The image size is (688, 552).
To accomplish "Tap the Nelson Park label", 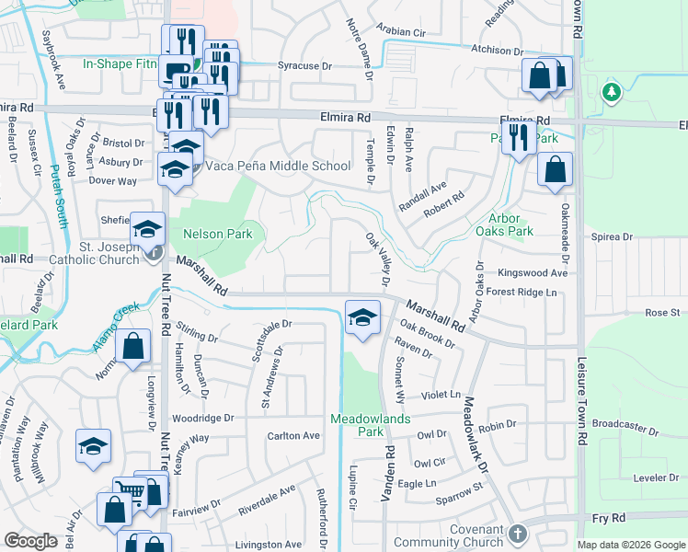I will coord(217,235).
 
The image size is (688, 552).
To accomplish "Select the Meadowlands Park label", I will coord(357,424).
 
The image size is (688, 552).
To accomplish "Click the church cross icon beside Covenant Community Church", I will coord(518,533).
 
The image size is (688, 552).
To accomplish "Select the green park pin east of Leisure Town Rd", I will coord(609,92).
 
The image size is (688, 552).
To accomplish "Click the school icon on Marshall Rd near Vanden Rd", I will coord(363,318).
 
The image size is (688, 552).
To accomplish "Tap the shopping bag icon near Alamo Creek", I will coord(133,347).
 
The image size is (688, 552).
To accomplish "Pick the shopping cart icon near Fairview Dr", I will coord(130,493).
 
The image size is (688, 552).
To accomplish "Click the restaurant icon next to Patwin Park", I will coord(520,138).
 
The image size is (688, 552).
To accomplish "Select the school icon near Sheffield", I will coord(147,230).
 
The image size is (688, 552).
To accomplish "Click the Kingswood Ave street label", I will coord(533,273).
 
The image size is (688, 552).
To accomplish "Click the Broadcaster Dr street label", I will coord(626,426).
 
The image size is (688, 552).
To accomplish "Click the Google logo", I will coord(30,541).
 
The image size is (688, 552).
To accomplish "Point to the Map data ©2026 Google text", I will coord(630,545).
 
